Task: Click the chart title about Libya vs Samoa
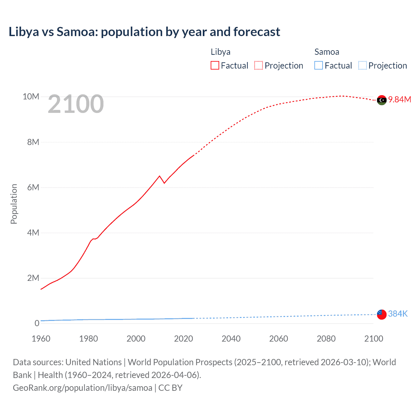tap(144, 32)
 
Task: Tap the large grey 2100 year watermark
tap(76, 104)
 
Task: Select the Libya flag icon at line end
tap(382, 100)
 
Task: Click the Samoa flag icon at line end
tap(382, 314)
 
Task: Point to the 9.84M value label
tap(400, 99)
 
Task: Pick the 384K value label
tap(398, 314)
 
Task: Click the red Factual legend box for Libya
tap(215, 66)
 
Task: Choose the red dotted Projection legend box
tap(259, 66)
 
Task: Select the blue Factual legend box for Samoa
tap(319, 66)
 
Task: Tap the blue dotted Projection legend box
tap(363, 66)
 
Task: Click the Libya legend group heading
tap(220, 52)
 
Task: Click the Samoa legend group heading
tap(327, 52)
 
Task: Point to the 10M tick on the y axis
tap(31, 96)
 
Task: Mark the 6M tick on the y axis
tap(33, 187)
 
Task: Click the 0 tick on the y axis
tap(37, 323)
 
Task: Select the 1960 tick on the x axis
tap(41, 339)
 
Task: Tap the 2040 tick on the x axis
tap(231, 339)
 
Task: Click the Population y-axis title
tap(14, 204)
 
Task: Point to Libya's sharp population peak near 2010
tap(160, 176)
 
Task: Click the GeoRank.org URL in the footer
tap(82, 388)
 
